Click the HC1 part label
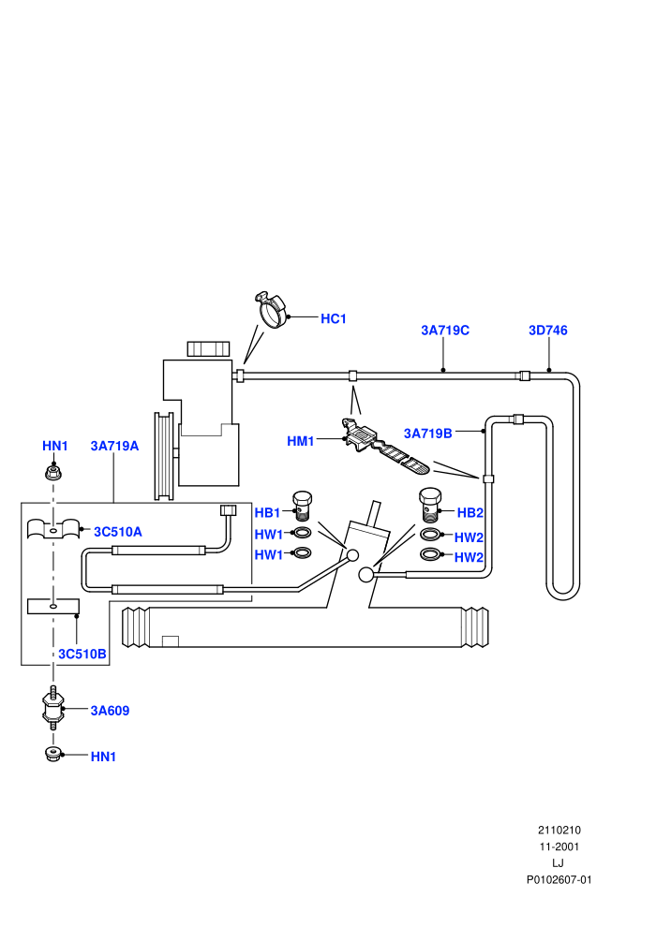tap(333, 318)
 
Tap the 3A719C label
tap(445, 331)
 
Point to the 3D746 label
tap(547, 331)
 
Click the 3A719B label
tap(427, 434)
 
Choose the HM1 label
tap(301, 441)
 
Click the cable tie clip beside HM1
tap(383, 447)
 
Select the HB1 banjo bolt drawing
tap(303, 506)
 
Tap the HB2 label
tap(470, 512)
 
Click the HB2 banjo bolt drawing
tap(430, 505)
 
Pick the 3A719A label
tap(114, 446)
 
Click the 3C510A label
tap(118, 532)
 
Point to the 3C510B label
tap(82, 654)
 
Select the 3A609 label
tap(110, 711)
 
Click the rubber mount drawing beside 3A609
tap(52, 708)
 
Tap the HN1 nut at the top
tap(53, 472)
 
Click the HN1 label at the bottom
tap(103, 757)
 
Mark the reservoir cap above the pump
tap(208, 349)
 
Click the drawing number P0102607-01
tap(559, 879)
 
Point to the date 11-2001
tap(559, 846)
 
